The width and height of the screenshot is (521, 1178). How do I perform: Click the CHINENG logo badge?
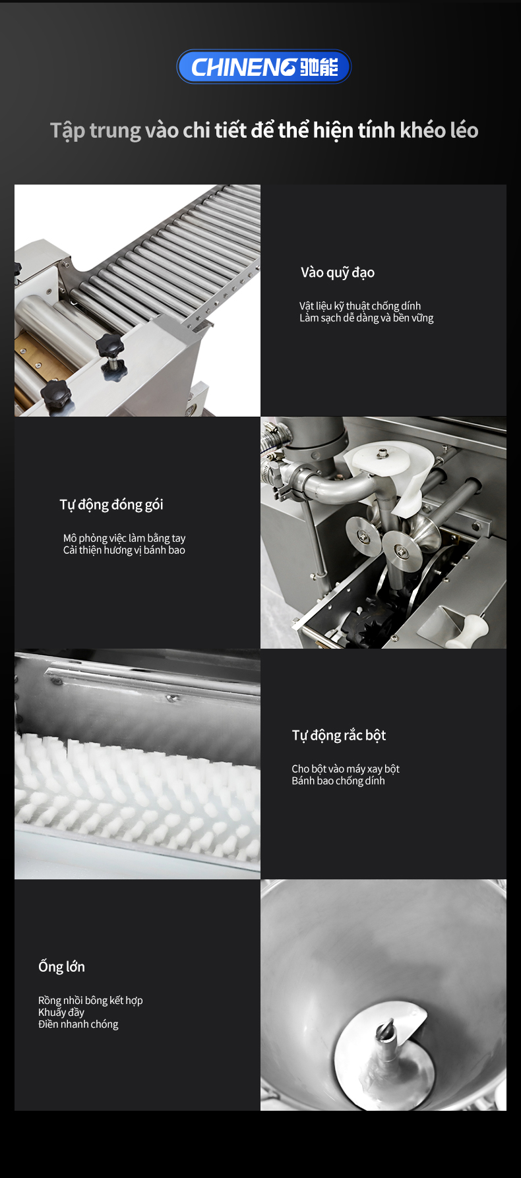tap(264, 67)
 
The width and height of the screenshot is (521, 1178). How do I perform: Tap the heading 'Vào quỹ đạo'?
tap(338, 273)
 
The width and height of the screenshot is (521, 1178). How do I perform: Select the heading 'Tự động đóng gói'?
tap(111, 505)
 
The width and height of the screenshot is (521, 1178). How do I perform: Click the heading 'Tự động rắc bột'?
tap(339, 736)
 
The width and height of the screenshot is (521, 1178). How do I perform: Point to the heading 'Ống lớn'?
tap(61, 966)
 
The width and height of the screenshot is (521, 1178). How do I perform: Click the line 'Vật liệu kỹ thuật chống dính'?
tap(360, 306)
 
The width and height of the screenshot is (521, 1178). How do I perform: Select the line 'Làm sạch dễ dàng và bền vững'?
tap(367, 318)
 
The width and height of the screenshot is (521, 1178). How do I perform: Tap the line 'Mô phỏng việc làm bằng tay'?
tap(125, 538)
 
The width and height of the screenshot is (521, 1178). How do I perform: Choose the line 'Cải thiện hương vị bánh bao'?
tap(124, 550)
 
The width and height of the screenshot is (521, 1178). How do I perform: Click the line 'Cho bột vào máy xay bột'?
tap(346, 769)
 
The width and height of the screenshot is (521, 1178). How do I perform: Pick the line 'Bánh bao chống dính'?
tap(338, 780)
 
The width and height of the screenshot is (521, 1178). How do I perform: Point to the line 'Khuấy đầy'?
tap(61, 1012)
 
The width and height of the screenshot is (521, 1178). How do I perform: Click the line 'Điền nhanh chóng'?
tap(78, 1024)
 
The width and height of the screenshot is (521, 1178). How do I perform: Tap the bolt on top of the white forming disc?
tap(383, 453)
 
